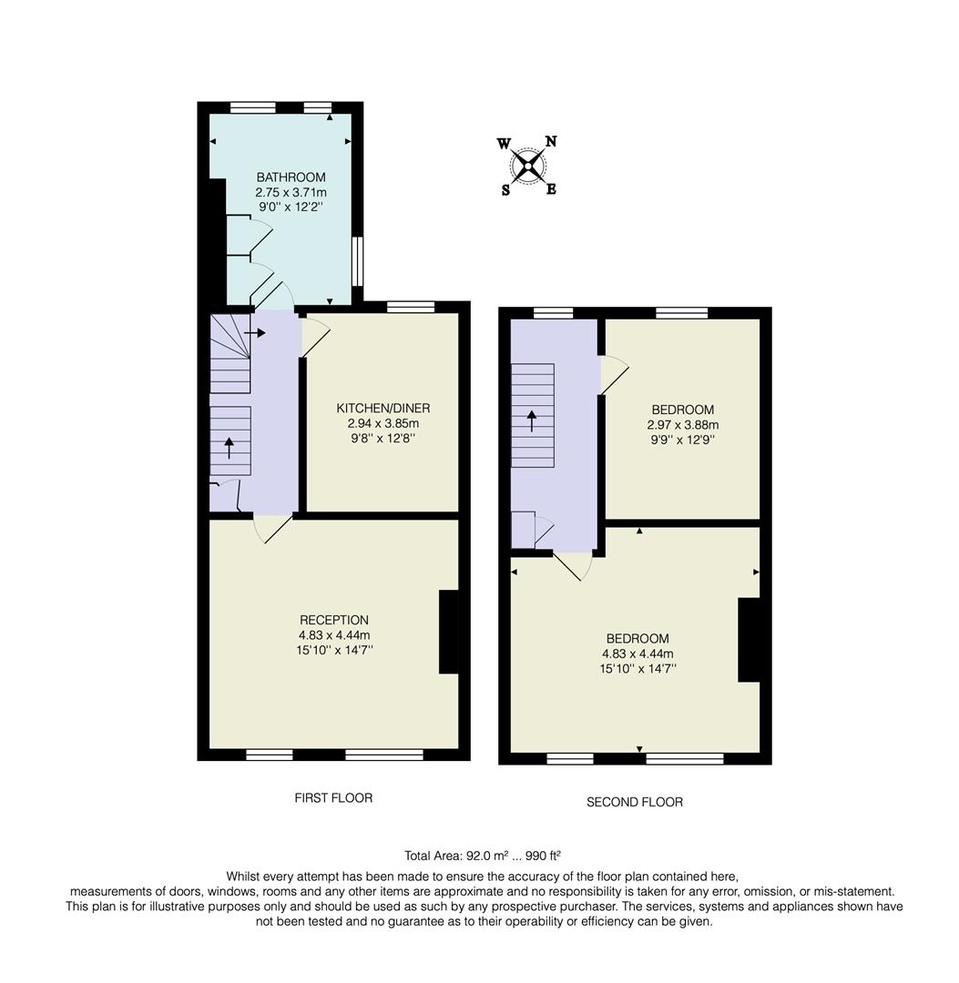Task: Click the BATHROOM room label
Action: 291,177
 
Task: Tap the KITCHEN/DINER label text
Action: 383,408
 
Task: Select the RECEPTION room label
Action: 334,620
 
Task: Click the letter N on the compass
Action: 551,141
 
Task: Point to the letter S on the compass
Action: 505,189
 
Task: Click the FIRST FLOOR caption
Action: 333,798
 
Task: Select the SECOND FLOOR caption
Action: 634,802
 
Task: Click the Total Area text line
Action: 482,856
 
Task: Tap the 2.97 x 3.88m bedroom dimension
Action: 682,425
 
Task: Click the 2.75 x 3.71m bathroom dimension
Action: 291,192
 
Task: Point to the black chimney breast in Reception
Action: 449,632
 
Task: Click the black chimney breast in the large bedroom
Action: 749,639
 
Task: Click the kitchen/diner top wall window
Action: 410,307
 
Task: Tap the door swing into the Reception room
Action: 273,529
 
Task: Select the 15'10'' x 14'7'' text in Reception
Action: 334,650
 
